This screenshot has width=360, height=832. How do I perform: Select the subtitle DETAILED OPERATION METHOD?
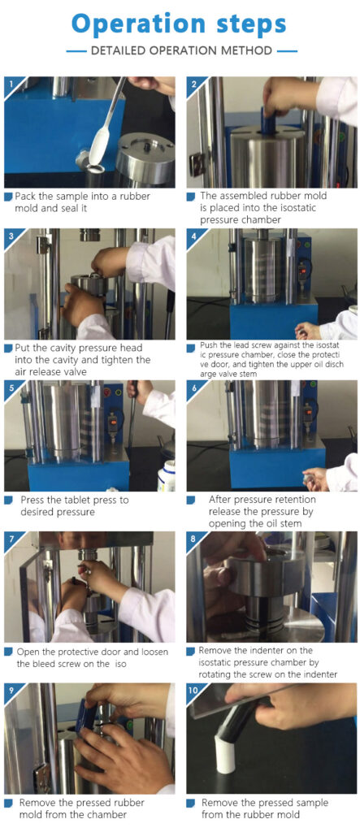tap(182, 50)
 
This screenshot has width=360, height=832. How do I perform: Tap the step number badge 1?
tap(9, 82)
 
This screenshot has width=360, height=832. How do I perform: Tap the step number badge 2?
tap(193, 82)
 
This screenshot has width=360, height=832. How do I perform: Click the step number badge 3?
tap(9, 234)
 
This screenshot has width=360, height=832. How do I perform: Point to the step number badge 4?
tap(193, 234)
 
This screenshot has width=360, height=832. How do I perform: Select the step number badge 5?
tap(9, 385)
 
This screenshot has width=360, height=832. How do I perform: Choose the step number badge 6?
tap(193, 385)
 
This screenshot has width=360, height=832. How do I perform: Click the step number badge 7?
tap(9, 537)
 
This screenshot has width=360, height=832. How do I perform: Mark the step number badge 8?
tap(193, 537)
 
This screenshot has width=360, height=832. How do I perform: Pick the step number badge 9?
tap(9, 688)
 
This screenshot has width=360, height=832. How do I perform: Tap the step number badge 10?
tap(194, 688)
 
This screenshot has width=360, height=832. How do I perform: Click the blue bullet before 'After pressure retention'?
tap(191, 500)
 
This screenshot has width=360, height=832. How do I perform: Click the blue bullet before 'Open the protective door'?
tap(8, 652)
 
